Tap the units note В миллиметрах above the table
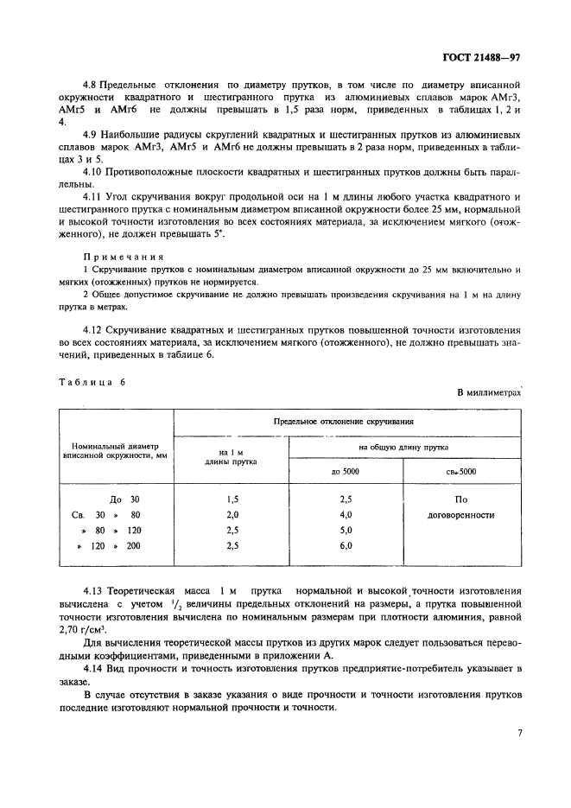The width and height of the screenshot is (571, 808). click(488, 392)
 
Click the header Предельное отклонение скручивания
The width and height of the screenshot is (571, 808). click(346, 422)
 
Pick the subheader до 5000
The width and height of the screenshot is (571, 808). click(346, 472)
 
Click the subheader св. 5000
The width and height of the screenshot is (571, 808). click(461, 472)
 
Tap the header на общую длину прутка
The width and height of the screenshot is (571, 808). click(403, 447)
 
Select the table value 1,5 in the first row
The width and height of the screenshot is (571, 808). click(231, 499)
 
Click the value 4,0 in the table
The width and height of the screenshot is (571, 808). click(346, 515)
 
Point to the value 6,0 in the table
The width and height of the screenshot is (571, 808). click(346, 546)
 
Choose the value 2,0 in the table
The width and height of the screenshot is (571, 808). click(231, 515)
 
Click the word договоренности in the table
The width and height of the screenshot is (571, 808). click(461, 515)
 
